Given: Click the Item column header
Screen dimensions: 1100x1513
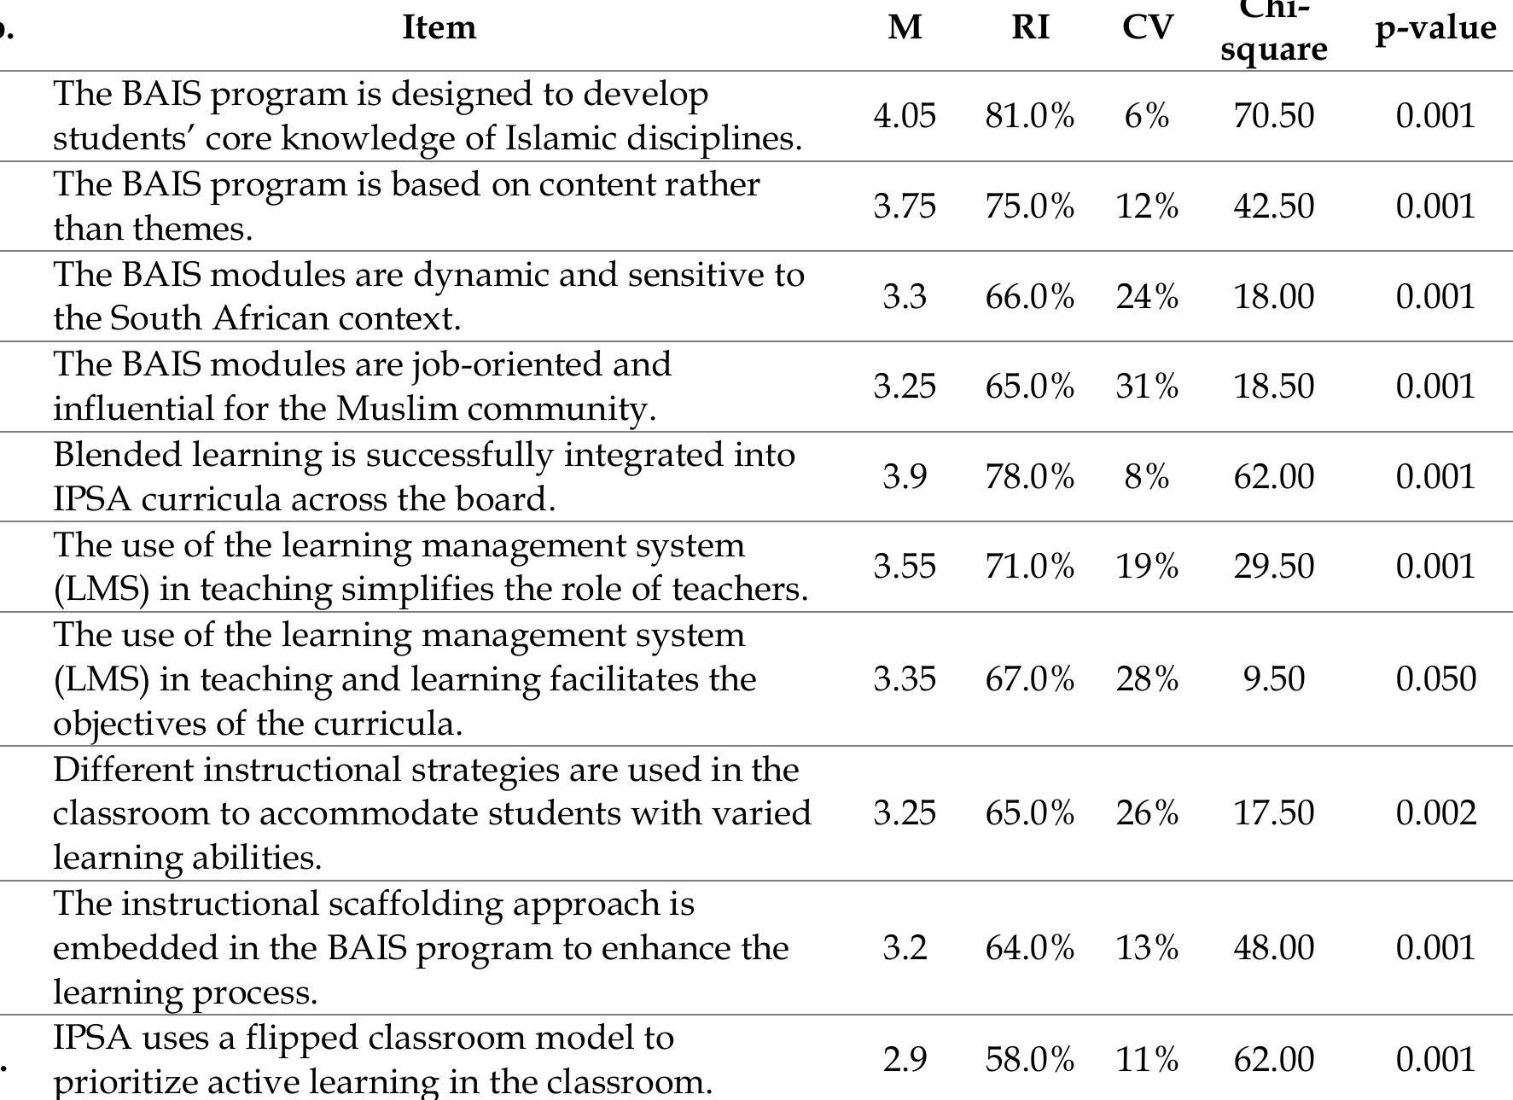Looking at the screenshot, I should coord(439,27).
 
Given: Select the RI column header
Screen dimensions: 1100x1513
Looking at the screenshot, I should coord(1030,27).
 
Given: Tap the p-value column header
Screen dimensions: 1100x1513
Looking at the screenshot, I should coord(1435,27).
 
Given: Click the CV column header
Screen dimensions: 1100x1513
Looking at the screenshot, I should coord(1147,27).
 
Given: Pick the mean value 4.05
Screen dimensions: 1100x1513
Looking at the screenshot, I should coord(905,116).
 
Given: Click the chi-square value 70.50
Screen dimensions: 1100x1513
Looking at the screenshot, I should coord(1273,116).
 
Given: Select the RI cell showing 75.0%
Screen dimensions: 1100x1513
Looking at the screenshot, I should coord(1030,207).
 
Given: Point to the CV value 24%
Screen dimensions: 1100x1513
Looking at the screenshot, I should coord(1147,297).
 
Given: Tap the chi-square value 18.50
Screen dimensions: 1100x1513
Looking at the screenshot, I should coord(1273,387).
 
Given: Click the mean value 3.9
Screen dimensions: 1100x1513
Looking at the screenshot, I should coord(905,477).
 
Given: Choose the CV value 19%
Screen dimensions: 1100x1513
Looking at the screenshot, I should coord(1147,567).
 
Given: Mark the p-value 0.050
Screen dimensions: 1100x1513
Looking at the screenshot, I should coord(1435,679).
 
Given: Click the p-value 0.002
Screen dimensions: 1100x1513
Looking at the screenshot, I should coord(1435,813).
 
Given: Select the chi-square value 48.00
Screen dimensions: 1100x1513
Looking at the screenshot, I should coord(1273,948).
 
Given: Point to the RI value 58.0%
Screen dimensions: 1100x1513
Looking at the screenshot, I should coord(1030,1060).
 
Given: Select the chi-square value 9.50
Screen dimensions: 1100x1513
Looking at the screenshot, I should coord(1273,679).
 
